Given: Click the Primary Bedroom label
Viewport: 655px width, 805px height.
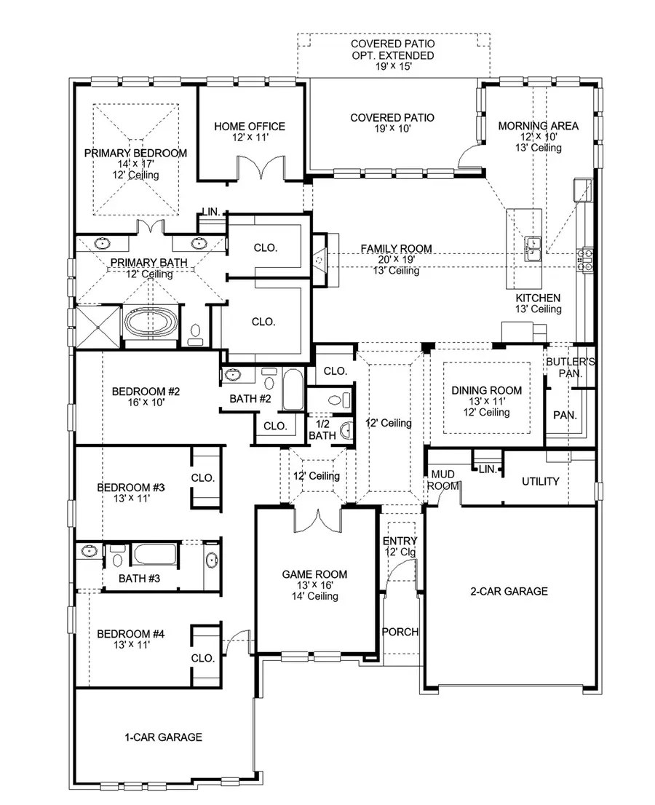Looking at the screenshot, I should (135, 154).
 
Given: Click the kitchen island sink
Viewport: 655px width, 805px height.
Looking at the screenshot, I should (532, 247).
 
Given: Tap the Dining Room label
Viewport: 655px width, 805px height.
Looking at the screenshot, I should (486, 391).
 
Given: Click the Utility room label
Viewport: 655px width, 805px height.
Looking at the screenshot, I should (540, 481).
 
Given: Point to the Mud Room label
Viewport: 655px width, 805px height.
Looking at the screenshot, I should (442, 480).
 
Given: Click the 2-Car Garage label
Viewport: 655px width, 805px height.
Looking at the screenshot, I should (509, 591).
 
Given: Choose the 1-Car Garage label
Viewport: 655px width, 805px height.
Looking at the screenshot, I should (164, 737).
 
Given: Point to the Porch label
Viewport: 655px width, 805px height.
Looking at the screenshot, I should (400, 632).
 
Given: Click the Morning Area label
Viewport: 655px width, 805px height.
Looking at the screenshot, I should (539, 126).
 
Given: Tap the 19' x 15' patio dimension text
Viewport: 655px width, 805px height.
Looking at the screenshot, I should (392, 67).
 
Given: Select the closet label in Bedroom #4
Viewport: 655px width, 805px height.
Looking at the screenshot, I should (203, 657).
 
